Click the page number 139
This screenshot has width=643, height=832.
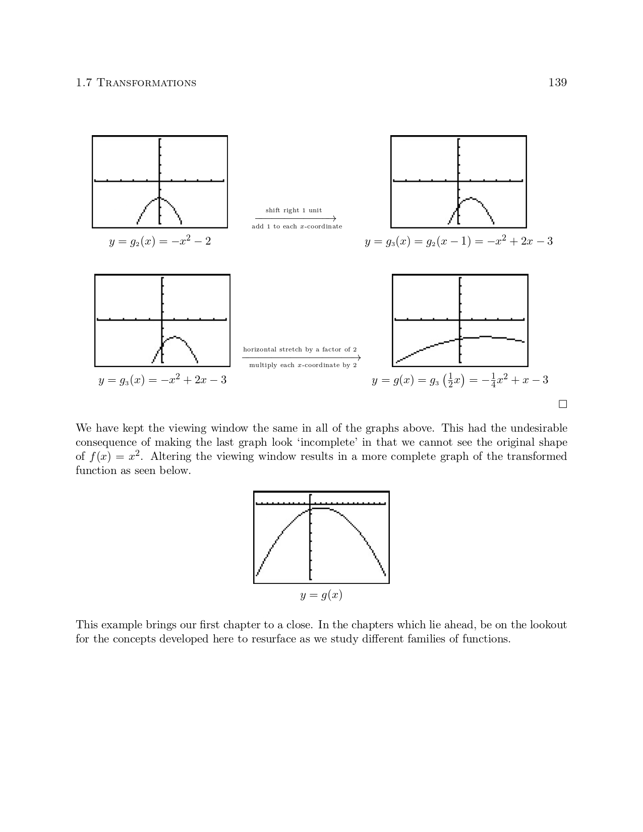click(x=557, y=82)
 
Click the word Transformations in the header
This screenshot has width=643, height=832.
click(x=146, y=83)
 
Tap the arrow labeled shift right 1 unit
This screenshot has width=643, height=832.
click(x=296, y=218)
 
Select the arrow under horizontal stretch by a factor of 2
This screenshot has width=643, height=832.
click(x=302, y=358)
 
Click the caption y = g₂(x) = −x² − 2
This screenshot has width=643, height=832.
click(x=160, y=242)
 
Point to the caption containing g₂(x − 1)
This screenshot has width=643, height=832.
click(x=458, y=242)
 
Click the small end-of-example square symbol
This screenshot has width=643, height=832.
click(x=563, y=404)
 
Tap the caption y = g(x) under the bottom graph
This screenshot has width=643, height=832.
click(x=321, y=595)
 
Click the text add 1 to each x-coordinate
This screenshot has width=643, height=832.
click(x=297, y=226)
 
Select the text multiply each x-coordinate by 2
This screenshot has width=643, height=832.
click(x=303, y=365)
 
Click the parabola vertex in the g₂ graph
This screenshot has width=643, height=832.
click(x=159, y=198)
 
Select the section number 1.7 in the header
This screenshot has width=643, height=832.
click(x=84, y=83)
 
